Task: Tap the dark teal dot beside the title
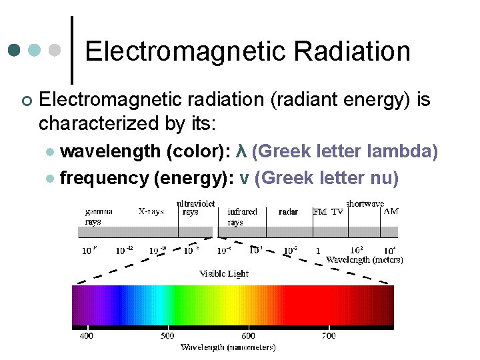14,51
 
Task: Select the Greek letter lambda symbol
243,152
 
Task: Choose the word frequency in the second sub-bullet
103,178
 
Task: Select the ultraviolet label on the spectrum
196,203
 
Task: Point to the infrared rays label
242,217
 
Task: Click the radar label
288,211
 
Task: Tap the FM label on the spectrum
320,212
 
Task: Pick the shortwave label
365,203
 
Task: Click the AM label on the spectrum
391,211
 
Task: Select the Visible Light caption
224,273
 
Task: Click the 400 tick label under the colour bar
87,335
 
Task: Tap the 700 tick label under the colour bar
328,335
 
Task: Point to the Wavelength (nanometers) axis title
228,347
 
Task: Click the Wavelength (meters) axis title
364,260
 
